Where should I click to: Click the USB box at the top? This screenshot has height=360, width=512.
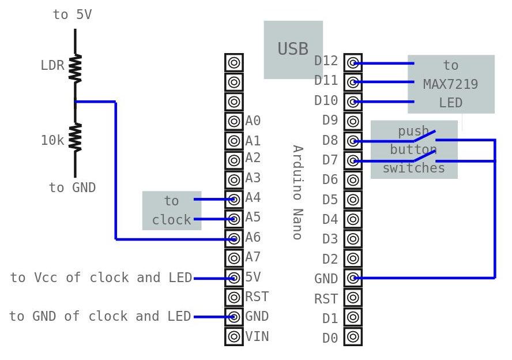(x=293, y=50)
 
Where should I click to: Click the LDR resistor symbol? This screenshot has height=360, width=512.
(x=75, y=67)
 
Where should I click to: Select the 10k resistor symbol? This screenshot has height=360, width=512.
(x=75, y=137)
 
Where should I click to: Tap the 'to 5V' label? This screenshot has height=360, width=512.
(x=72, y=15)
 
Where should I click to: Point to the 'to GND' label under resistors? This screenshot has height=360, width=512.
(x=72, y=188)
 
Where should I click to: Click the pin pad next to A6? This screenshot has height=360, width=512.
(x=234, y=238)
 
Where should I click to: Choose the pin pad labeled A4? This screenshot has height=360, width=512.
(x=234, y=199)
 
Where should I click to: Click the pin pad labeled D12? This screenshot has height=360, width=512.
(x=353, y=63)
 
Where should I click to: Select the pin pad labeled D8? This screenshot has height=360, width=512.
(x=353, y=141)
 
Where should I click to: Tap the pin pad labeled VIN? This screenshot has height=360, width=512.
(x=234, y=336)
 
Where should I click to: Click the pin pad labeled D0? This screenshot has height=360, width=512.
(x=353, y=336)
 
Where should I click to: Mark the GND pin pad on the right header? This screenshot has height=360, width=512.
(x=353, y=277)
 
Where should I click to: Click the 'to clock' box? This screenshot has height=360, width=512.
(x=171, y=211)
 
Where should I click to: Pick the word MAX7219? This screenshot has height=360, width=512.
(x=450, y=84)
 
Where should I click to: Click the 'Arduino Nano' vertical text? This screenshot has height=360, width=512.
(x=297, y=192)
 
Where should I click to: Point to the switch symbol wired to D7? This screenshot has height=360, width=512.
(x=424, y=156)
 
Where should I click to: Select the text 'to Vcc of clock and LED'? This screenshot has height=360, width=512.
(x=101, y=278)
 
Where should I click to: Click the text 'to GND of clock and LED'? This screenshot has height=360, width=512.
(x=100, y=317)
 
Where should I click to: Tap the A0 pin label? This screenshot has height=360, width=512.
(x=253, y=121)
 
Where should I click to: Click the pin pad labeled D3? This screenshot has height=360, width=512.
(x=353, y=238)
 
